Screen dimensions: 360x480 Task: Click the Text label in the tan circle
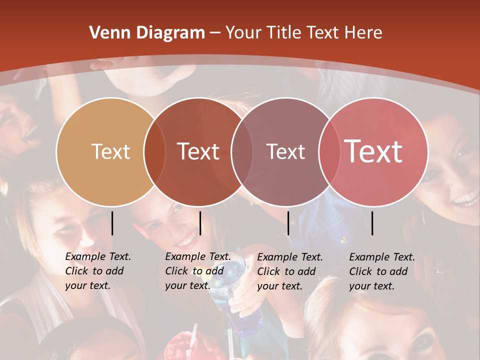click(x=110, y=151)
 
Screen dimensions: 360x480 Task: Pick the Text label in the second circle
click(x=198, y=151)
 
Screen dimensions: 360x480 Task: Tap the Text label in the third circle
click(x=285, y=151)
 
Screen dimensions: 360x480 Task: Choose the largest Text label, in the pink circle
click(x=373, y=151)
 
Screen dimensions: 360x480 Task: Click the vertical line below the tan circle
click(x=112, y=223)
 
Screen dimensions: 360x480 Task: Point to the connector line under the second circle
click(x=200, y=223)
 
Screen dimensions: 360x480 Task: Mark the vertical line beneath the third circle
click(x=288, y=223)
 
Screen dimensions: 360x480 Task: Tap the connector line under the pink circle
click(x=372, y=223)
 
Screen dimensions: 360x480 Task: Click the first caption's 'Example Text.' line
click(x=98, y=256)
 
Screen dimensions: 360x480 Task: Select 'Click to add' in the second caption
click(x=194, y=271)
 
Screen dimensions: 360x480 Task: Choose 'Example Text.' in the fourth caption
click(x=382, y=257)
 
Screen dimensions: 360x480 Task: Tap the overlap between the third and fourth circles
click(x=328, y=151)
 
